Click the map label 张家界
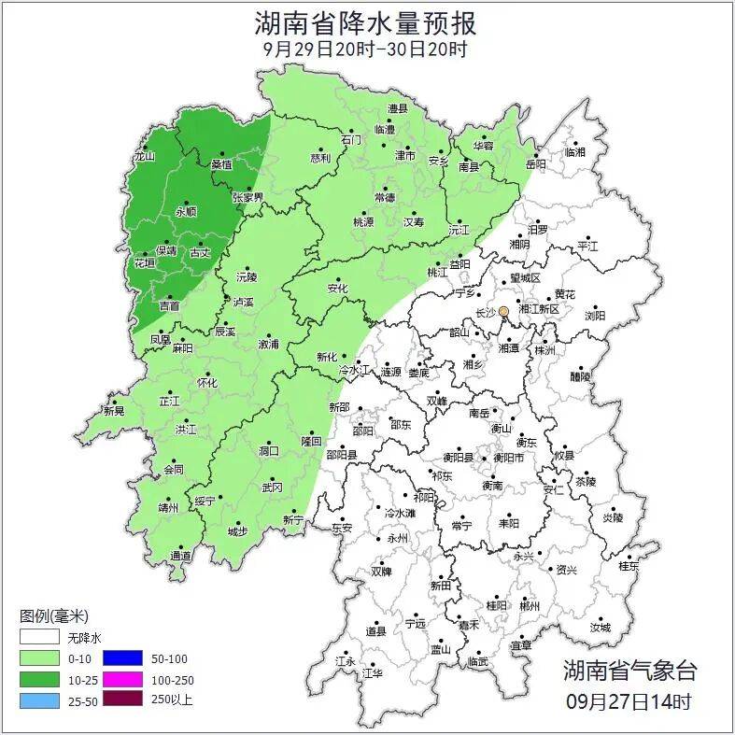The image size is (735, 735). coord(248,198)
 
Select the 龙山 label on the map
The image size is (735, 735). coord(143,157)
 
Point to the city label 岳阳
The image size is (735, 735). coord(535,163)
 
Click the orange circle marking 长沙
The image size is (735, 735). coord(504,311)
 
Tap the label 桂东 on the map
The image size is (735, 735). coord(629,566)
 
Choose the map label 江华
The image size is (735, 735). coord(373,672)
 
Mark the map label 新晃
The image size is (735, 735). coord(114,411)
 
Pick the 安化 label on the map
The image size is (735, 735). coord(337,289)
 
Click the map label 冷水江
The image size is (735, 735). coord(354,371)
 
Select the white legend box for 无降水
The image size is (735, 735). coord(40,639)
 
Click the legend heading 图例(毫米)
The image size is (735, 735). coord(53,616)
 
